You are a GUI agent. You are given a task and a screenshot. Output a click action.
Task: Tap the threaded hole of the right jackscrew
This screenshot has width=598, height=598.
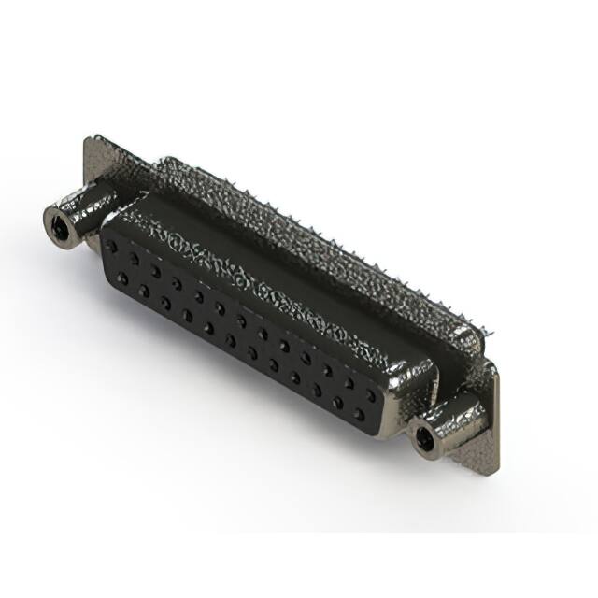428,436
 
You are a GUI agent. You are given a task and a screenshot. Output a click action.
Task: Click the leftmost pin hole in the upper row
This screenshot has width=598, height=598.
113,246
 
